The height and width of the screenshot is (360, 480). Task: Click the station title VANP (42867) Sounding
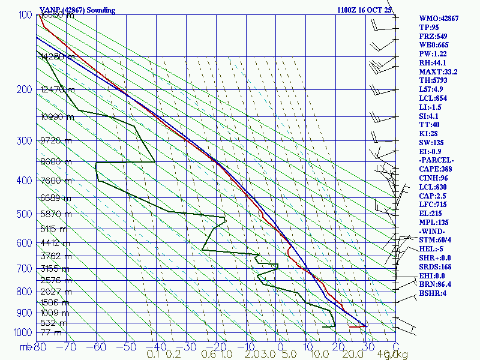click(x=77, y=10)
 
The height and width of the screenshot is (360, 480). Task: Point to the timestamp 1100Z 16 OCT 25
click(x=365, y=10)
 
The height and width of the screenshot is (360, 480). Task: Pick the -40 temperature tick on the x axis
click(x=156, y=346)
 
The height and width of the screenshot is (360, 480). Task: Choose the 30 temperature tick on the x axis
click(x=365, y=346)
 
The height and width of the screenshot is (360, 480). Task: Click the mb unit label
click(x=25, y=346)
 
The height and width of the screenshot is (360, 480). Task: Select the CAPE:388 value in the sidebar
click(x=439, y=170)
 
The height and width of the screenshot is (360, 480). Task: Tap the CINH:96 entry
click(x=437, y=178)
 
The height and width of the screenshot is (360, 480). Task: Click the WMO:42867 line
click(x=439, y=19)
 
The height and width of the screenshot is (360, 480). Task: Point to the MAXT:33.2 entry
click(x=439, y=71)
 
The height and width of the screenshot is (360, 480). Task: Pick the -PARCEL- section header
click(x=437, y=161)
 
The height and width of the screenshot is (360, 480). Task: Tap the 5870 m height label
click(x=54, y=214)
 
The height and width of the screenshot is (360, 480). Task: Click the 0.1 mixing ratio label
click(x=153, y=354)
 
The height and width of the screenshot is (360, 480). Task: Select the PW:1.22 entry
click(x=434, y=54)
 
